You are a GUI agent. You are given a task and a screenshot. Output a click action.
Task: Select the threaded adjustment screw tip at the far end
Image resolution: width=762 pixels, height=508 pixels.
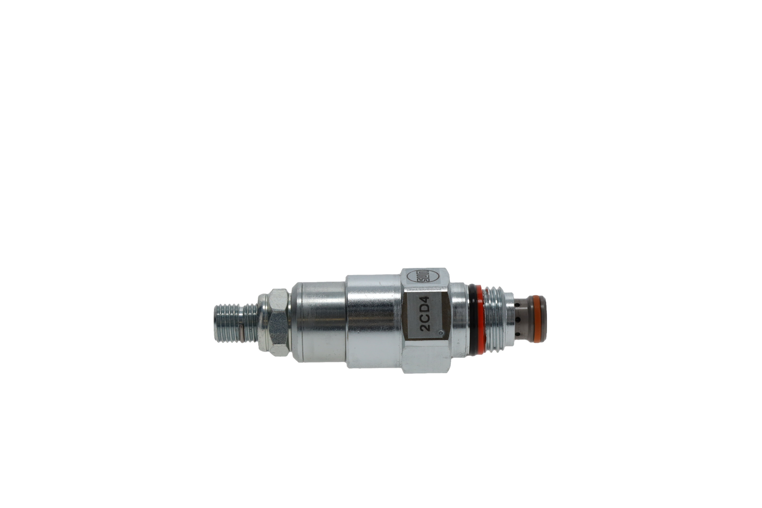[x=227, y=323]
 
